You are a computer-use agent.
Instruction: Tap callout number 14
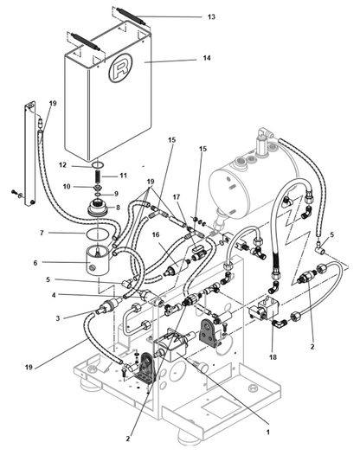coord(207,58)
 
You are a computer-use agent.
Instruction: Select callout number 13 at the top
coord(211,16)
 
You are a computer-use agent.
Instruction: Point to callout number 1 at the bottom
coord(268,432)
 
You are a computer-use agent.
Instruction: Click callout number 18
coord(273,357)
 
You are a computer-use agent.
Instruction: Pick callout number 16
coord(156,234)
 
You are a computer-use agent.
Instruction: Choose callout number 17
coord(177,197)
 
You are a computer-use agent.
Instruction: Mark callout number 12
coord(62,165)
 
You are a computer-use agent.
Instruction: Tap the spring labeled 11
coord(99,176)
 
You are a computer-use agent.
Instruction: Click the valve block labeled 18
coord(264,310)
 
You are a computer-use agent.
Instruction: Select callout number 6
coord(35,263)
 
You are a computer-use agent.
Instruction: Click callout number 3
coord(58,318)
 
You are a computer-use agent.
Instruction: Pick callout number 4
coord(54,295)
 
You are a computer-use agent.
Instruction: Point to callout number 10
coord(67,186)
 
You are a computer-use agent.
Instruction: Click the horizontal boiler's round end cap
coord(229,191)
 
